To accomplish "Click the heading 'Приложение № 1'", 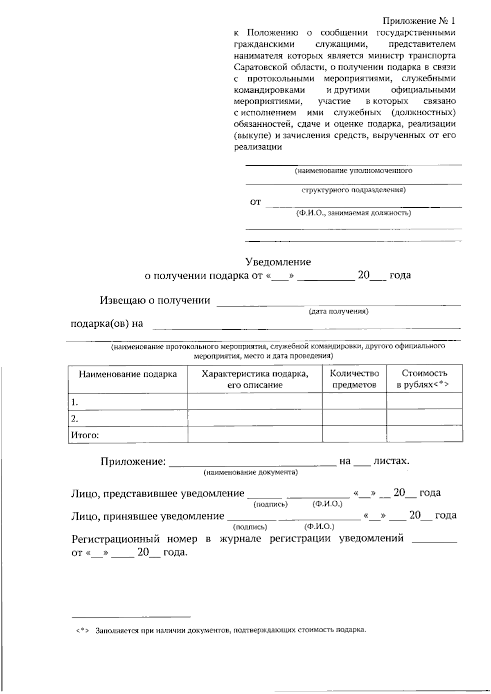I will (419, 20).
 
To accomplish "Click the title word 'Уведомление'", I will (278, 262).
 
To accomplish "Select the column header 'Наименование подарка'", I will (128, 374).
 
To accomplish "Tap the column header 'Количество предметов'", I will (354, 379).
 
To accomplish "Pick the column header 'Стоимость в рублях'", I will (424, 379).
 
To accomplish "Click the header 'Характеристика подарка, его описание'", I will (255, 379).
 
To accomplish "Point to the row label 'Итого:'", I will (85, 435).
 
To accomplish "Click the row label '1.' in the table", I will (74, 402).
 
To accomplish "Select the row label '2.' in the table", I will (74, 418).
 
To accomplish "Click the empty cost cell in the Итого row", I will (424, 434).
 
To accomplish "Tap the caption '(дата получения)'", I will (338, 311).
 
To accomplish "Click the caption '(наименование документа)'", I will (250, 472).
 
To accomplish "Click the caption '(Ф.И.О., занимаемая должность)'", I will (354, 213).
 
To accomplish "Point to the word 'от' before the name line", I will (255, 202).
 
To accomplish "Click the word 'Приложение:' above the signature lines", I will (133, 462).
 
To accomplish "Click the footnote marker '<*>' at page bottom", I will (82, 630).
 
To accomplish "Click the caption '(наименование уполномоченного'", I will (354, 171).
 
